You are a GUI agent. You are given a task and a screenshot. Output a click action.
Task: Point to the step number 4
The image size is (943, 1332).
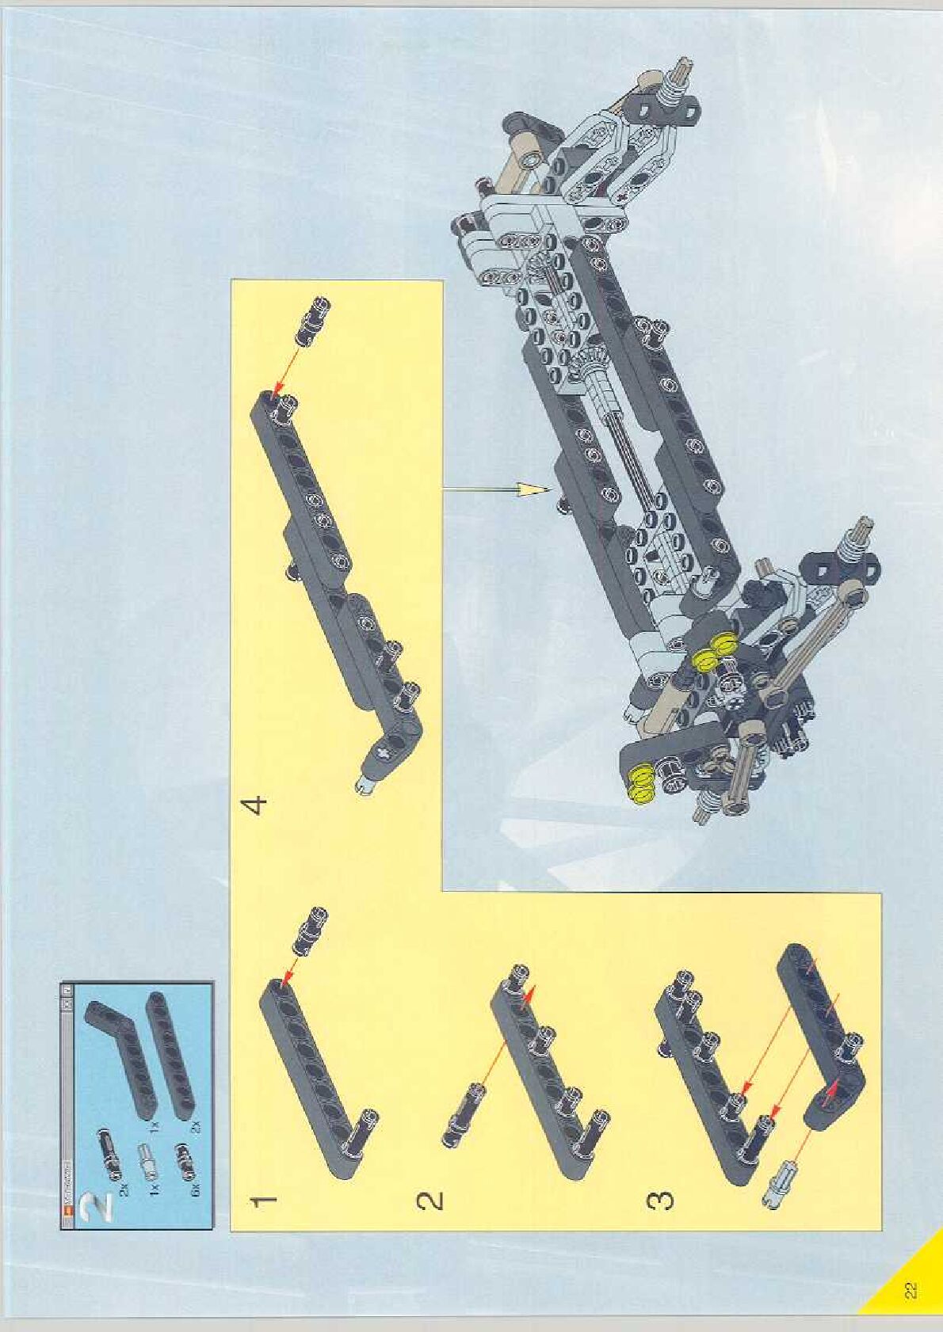pyautogui.click(x=256, y=805)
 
